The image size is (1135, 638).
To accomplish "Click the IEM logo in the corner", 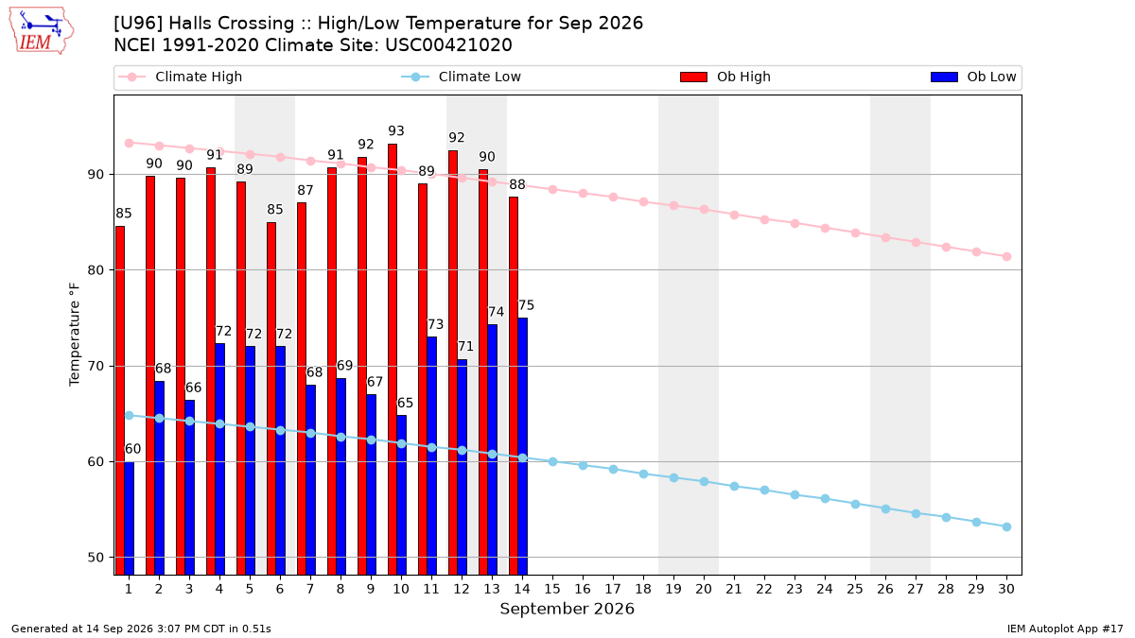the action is (41, 31).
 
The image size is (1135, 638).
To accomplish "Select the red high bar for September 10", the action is (393, 359).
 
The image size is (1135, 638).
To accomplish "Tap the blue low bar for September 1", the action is (130, 519).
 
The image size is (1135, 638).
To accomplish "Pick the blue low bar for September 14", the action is (522, 446).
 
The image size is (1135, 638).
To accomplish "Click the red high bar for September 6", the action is (271, 399).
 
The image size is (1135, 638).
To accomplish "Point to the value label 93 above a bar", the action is (396, 131).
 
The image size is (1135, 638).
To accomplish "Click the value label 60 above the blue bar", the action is (132, 449).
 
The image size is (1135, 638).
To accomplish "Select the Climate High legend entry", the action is (181, 77).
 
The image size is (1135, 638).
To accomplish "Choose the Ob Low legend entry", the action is (973, 77).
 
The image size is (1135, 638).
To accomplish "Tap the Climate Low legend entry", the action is (462, 77).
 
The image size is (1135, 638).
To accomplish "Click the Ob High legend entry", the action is (725, 77).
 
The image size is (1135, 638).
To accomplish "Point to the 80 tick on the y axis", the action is (96, 270).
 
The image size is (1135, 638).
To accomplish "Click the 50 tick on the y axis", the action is (96, 558).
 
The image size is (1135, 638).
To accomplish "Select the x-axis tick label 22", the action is (764, 589).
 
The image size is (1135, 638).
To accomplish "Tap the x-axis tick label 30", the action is (1006, 589).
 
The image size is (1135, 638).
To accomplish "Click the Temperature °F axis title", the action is (75, 335).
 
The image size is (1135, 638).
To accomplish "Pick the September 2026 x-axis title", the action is (567, 609).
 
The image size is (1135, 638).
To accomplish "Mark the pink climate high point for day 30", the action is (1006, 257).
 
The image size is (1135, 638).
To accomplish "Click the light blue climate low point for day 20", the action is (704, 481).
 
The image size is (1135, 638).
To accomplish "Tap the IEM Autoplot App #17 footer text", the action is (1065, 629).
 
